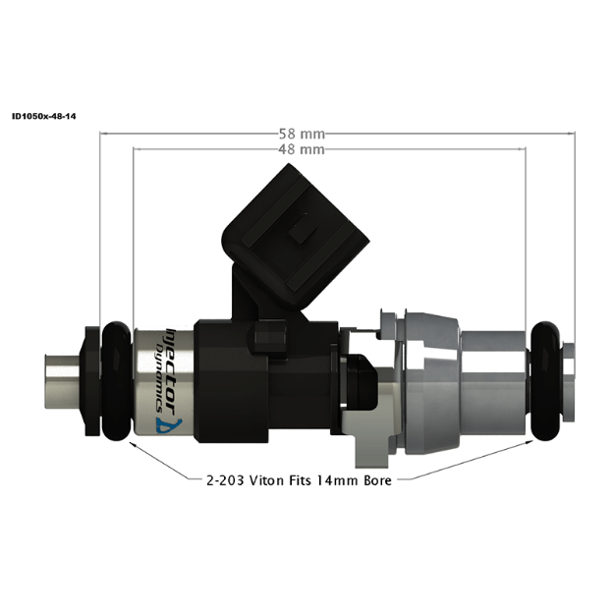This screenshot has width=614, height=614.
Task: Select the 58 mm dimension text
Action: (x=303, y=132)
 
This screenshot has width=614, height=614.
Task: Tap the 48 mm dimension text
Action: (x=303, y=149)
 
